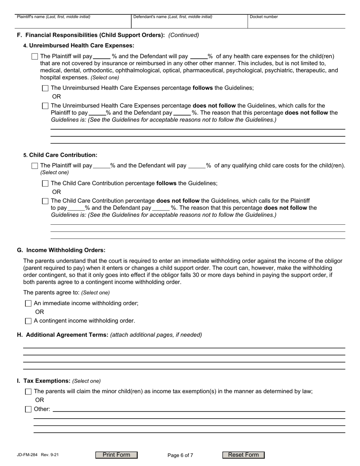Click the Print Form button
click(x=116, y=455)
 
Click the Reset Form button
click(x=243, y=455)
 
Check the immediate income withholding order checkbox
click(x=28, y=303)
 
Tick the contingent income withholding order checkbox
click(x=28, y=321)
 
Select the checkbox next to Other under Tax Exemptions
click(x=28, y=409)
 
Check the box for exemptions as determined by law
click(x=28, y=392)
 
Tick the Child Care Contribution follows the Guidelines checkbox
click(x=45, y=183)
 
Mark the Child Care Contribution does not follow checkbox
click(x=45, y=201)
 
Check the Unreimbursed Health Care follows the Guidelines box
click(x=45, y=88)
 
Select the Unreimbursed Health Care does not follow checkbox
click(x=45, y=106)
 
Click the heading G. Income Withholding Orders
click(x=61, y=250)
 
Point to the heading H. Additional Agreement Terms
click(x=63, y=335)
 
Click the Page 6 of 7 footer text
click(x=180, y=455)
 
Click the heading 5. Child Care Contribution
click(x=60, y=155)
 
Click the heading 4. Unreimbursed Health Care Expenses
click(x=79, y=46)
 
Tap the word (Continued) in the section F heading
click(x=183, y=35)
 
